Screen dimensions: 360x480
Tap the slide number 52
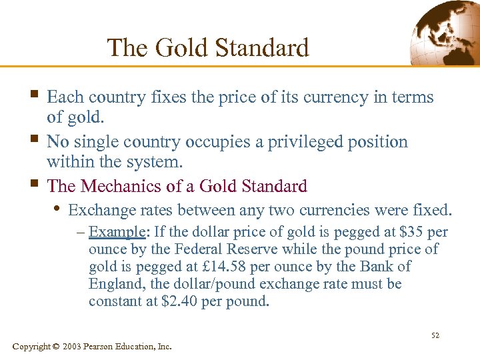[435, 335]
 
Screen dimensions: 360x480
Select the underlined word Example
[118, 233]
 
